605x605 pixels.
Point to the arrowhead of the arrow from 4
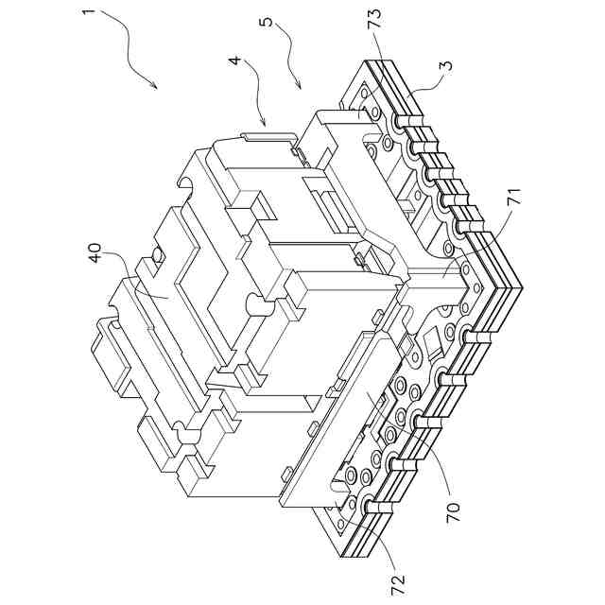pyautogui.click(x=264, y=124)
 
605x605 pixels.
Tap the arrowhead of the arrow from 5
pyautogui.click(x=302, y=88)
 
